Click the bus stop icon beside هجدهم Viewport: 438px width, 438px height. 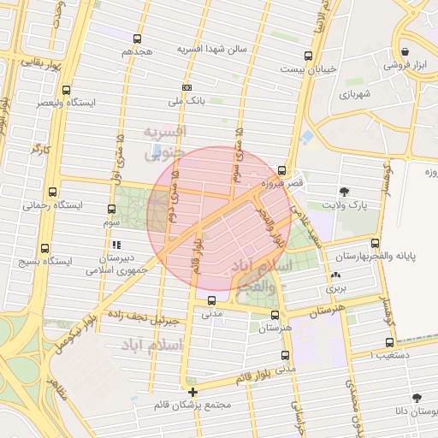click(x=137, y=38)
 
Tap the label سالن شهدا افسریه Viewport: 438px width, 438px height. click(x=211, y=49)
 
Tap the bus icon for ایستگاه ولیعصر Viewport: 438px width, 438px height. click(x=67, y=89)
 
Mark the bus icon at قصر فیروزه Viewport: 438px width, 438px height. click(x=282, y=170)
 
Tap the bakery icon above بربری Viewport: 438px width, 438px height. click(x=335, y=275)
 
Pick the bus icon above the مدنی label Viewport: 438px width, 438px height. click(x=211, y=300)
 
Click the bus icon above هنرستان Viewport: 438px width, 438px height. click(x=275, y=315)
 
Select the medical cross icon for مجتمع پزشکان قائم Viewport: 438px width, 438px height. click(x=193, y=392)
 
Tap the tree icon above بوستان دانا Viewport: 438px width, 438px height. click(x=417, y=398)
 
